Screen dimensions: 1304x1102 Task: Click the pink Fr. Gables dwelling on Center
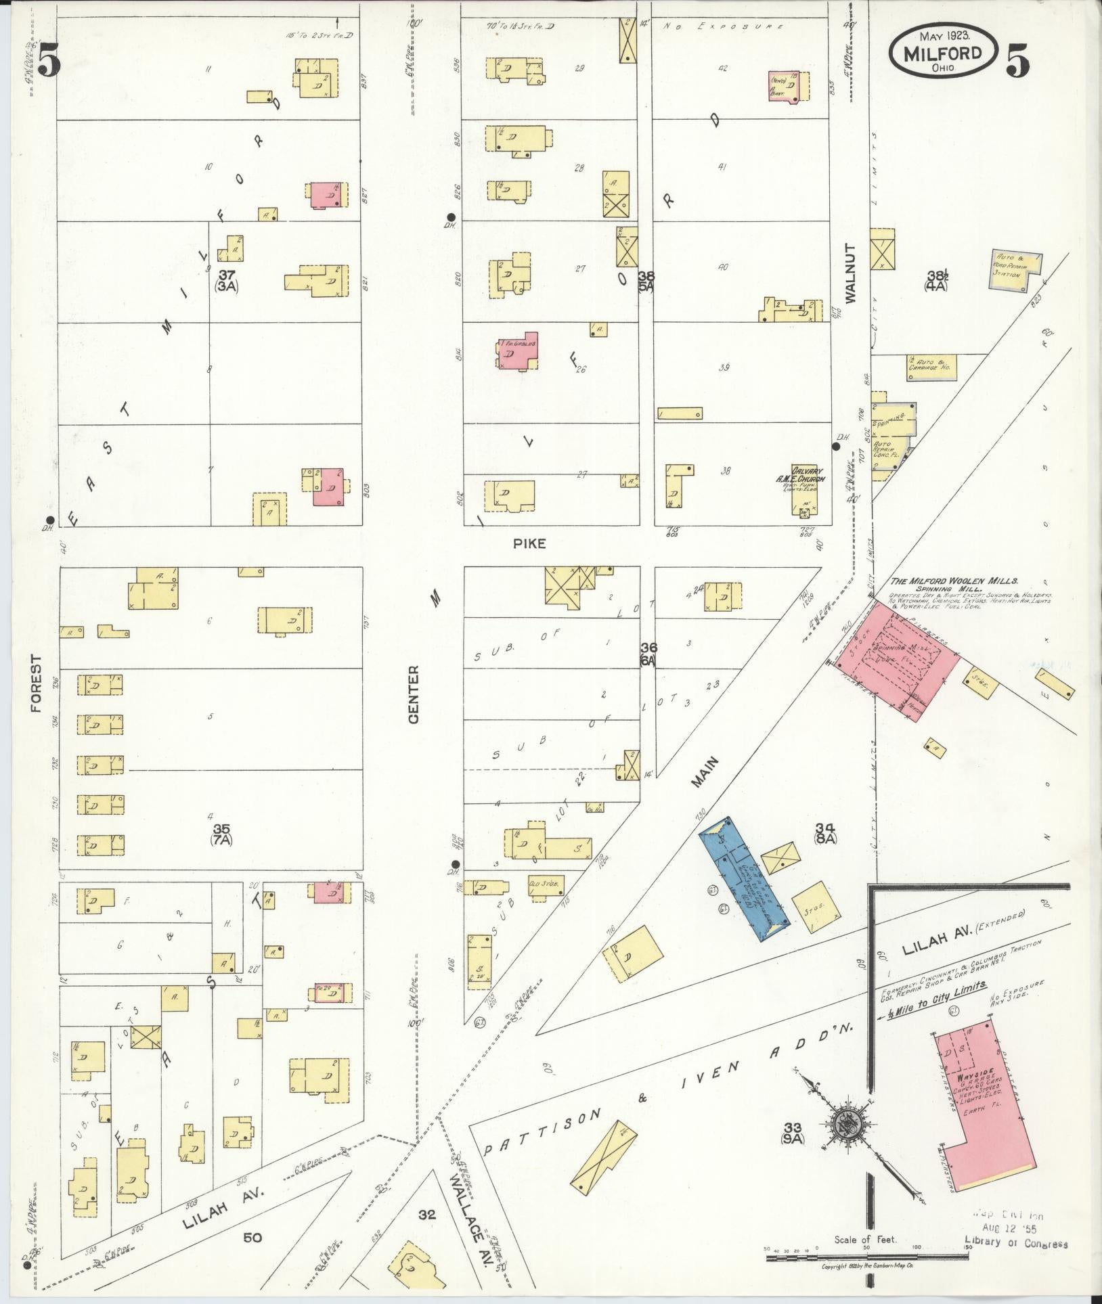(x=518, y=350)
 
